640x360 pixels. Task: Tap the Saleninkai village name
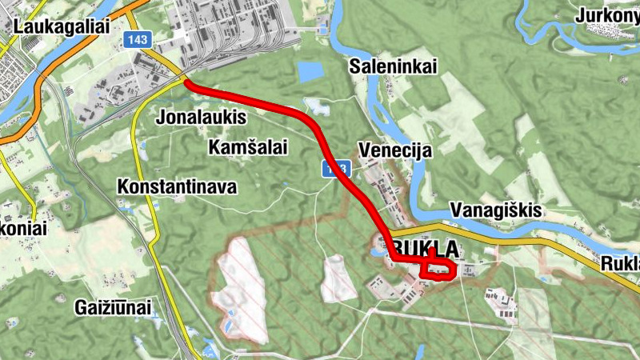pos(393,67)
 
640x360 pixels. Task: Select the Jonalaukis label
pos(203,118)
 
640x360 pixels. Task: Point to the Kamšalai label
pos(247,147)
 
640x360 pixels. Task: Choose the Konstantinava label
pos(177,187)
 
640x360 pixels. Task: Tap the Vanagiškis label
pos(497,210)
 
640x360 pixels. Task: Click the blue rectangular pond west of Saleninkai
pos(310,71)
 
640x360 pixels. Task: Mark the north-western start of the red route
pos(187,82)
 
